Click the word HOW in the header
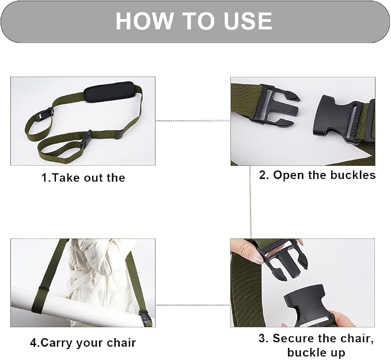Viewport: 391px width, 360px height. click(144, 21)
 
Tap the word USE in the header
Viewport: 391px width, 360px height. click(248, 21)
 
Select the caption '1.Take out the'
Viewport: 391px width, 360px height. click(83, 178)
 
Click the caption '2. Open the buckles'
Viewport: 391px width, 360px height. click(317, 175)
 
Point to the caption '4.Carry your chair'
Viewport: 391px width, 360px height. click(83, 343)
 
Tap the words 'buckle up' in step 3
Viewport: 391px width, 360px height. click(316, 353)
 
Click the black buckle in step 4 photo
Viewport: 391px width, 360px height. click(145, 317)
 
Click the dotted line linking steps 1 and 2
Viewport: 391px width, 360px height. click(193, 121)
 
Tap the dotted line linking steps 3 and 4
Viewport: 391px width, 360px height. click(193, 305)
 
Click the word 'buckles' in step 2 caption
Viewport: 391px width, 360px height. click(353, 175)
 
